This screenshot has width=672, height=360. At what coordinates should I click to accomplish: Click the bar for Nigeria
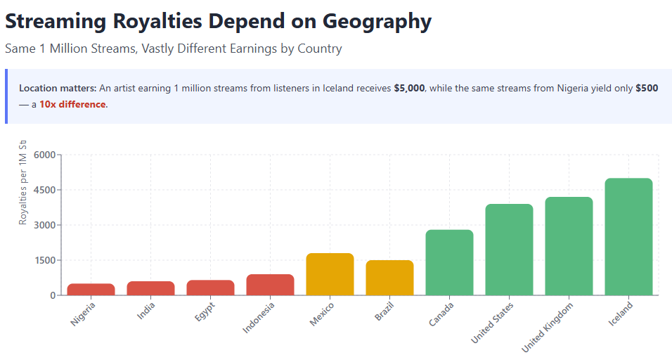(x=91, y=289)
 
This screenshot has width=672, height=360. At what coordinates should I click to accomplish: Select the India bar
(x=150, y=288)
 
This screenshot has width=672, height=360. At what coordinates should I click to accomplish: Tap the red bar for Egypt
(x=210, y=288)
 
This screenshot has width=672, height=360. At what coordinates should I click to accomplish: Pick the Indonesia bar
(x=270, y=285)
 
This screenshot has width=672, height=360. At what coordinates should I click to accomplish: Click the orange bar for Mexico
(x=330, y=274)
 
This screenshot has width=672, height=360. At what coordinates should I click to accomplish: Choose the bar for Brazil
(x=389, y=278)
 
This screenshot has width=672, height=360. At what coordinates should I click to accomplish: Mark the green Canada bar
(x=449, y=262)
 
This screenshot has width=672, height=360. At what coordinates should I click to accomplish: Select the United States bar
(x=509, y=250)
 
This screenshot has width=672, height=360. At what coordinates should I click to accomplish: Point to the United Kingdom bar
(x=569, y=246)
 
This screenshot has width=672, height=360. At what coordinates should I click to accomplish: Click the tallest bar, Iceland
(x=628, y=236)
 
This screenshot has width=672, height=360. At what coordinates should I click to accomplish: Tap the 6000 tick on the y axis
(x=43, y=155)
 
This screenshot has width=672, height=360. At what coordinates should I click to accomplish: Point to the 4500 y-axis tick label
(x=43, y=190)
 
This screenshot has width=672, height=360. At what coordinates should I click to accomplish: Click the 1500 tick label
(x=43, y=260)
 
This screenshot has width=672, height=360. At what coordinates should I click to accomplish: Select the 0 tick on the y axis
(x=52, y=295)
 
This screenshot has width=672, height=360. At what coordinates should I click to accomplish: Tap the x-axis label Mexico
(x=322, y=315)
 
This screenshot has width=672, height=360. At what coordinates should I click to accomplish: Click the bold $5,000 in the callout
(x=409, y=89)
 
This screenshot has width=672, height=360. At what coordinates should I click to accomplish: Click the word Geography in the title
(x=377, y=21)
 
